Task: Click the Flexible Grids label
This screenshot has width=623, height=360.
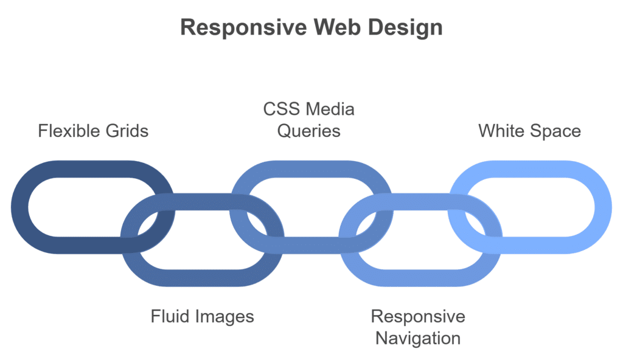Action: pyautogui.click(x=93, y=131)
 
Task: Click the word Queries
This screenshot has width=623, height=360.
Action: pyautogui.click(x=308, y=131)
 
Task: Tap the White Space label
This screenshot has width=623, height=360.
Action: pyautogui.click(x=529, y=131)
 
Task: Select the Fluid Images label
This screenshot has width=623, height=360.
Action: pyautogui.click(x=202, y=316)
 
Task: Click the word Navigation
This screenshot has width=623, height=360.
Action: pyautogui.click(x=417, y=337)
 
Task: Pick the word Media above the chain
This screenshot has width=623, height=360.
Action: pyautogui.click(x=330, y=109)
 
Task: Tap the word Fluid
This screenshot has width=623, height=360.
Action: pyautogui.click(x=171, y=316)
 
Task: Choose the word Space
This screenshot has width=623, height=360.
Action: pyautogui.click(x=557, y=131)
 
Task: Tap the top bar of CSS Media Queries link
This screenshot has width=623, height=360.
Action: pyautogui.click(x=310, y=170)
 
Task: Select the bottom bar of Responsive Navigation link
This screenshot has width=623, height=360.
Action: pyautogui.click(x=420, y=277)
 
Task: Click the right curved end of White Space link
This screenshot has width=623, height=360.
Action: pyautogui.click(x=602, y=207)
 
